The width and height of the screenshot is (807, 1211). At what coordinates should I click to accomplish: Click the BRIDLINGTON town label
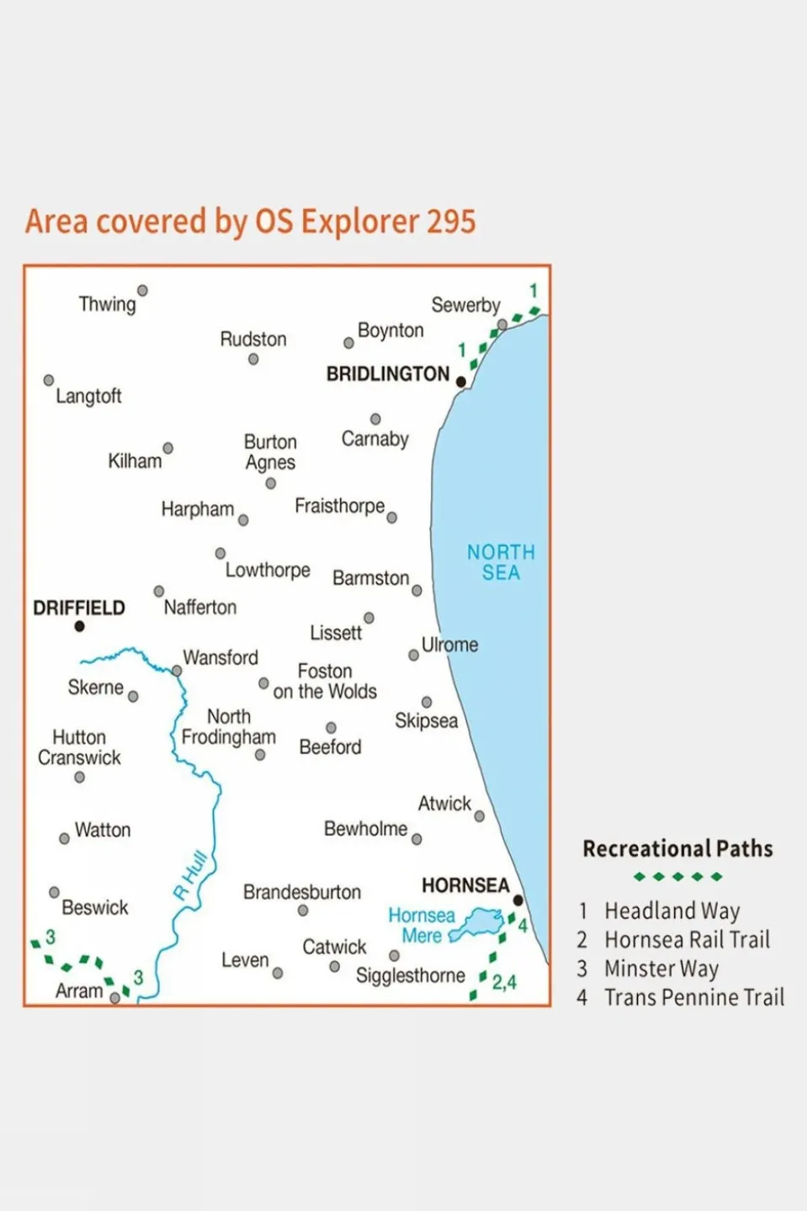tap(388, 374)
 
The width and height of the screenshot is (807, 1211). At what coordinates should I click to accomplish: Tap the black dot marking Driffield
tap(79, 626)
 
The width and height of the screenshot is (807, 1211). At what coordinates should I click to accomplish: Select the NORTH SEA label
tap(501, 562)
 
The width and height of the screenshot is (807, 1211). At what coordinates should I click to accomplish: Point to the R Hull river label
tap(190, 875)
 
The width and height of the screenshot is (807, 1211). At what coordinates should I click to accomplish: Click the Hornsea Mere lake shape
tap(478, 923)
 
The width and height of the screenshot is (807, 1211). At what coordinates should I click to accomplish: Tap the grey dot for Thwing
tap(142, 290)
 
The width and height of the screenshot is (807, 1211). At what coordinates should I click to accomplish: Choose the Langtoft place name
tap(88, 396)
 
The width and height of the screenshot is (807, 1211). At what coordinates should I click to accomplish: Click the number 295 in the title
tap(451, 221)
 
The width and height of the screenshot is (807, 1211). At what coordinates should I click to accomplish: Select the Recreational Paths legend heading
tap(677, 848)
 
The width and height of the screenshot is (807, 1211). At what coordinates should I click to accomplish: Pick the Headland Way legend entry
tap(672, 911)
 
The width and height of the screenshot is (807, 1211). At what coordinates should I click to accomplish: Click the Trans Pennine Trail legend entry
tap(693, 997)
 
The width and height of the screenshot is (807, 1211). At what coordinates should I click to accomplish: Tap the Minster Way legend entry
tap(661, 969)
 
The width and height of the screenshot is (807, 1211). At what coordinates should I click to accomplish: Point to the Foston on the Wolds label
tap(325, 681)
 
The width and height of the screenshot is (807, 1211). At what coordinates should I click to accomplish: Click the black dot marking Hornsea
tap(518, 900)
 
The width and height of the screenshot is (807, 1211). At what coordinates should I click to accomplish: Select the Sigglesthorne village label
tap(410, 975)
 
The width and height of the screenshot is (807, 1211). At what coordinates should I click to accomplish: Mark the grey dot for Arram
tap(115, 998)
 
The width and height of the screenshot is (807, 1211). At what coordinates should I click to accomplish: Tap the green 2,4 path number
tap(504, 981)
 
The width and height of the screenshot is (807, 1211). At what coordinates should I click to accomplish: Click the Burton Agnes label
tap(270, 452)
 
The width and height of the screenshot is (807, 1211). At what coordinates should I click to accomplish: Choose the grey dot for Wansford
tap(177, 671)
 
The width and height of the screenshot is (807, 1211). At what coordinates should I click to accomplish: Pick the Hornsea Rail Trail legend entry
tap(687, 939)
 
